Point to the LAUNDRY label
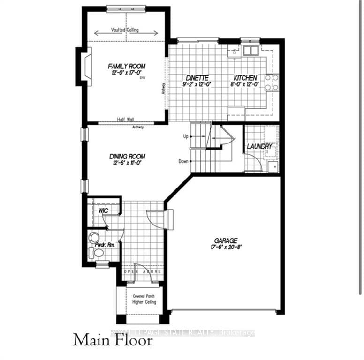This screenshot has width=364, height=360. [260, 146]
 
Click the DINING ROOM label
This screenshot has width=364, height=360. [127, 156]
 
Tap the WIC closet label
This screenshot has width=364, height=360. [103, 211]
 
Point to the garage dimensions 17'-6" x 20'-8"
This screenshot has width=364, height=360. [225, 247]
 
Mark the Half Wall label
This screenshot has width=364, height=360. [126, 120]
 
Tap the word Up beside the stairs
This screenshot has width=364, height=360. [185, 136]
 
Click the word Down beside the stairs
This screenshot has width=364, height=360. [183, 161]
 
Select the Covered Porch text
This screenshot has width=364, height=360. [144, 296]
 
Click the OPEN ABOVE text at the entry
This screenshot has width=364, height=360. [143, 271]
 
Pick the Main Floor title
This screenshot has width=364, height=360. [113, 340]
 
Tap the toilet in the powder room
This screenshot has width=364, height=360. [98, 253]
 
